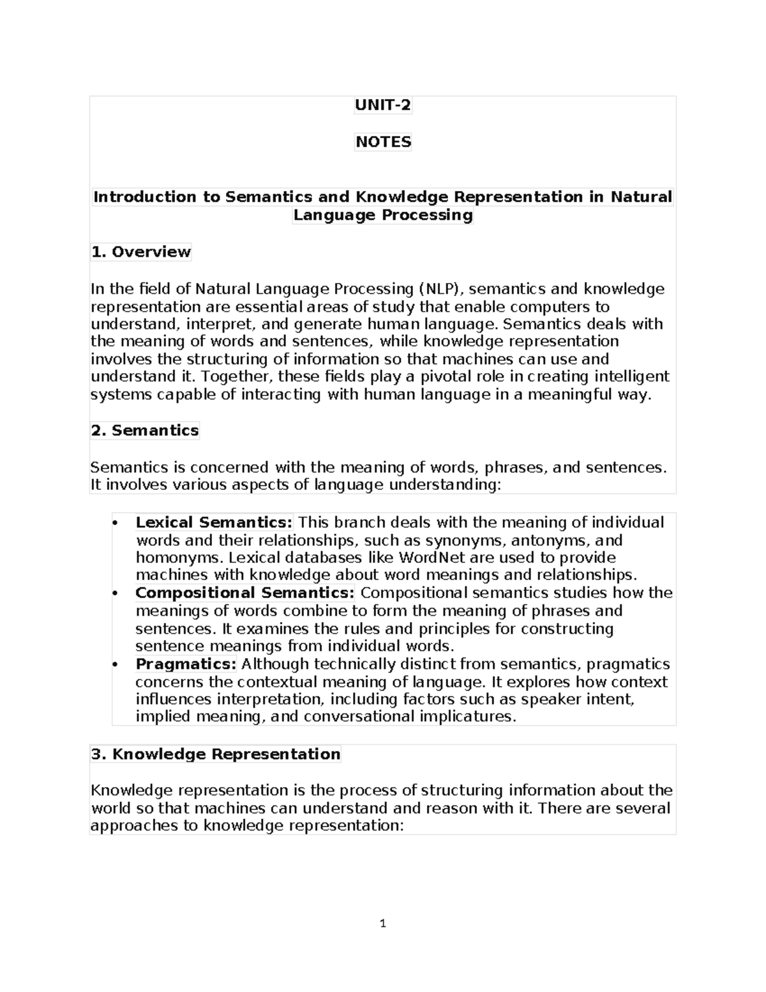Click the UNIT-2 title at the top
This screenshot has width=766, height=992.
pos(383,105)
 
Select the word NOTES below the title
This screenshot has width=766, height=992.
pos(383,142)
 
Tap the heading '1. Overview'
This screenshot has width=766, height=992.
pos(141,252)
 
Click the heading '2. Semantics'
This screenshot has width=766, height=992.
pos(145,431)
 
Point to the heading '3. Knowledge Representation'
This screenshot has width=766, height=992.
pos(216,754)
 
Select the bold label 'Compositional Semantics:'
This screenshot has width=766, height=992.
pos(244,593)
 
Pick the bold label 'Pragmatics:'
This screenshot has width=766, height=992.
pos(186,664)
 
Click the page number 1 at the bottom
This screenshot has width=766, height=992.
pos(383,923)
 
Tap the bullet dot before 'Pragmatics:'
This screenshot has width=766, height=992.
pos(115,665)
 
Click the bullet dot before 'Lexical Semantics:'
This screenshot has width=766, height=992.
pos(115,523)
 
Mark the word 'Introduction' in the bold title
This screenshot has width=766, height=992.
pos(146,197)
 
